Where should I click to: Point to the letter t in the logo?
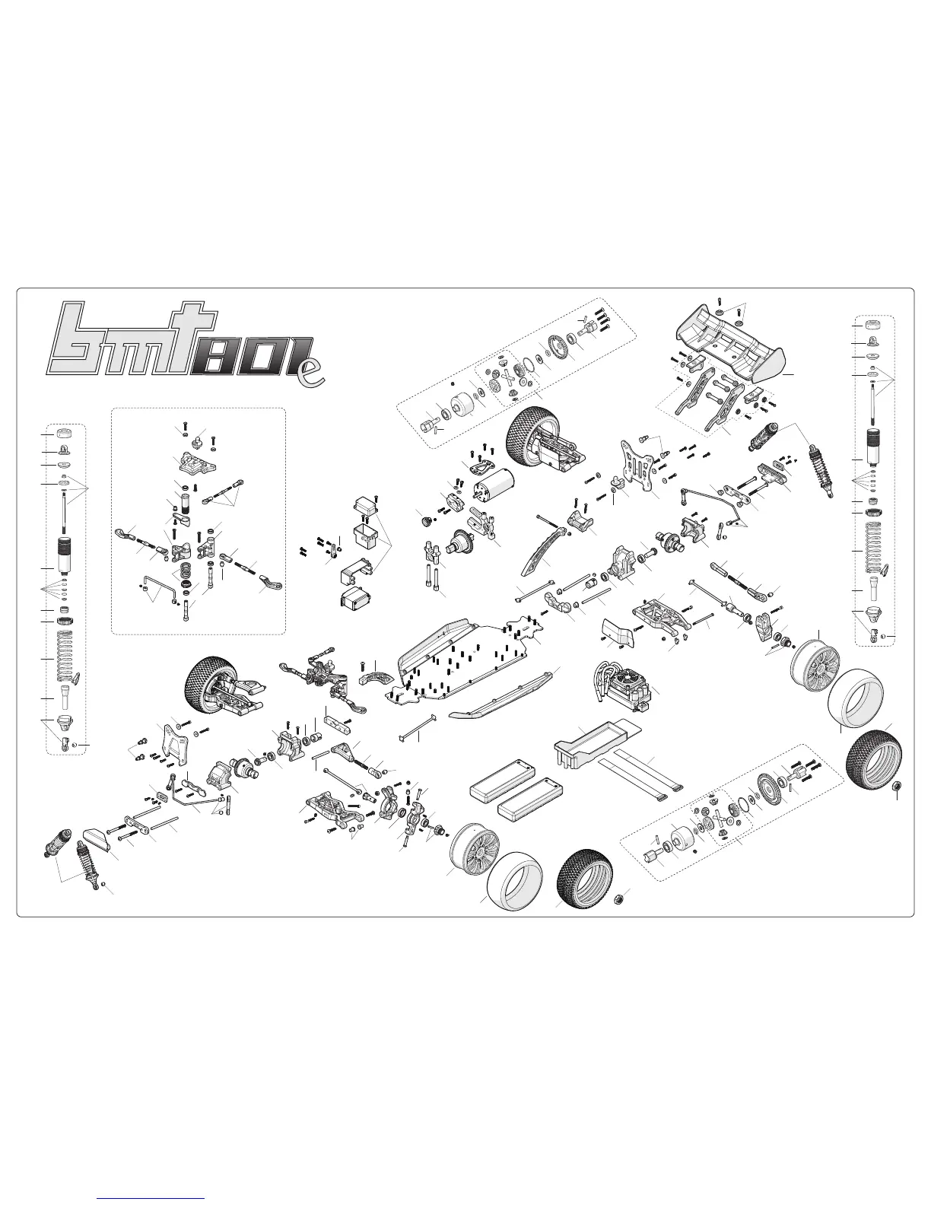(x=183, y=338)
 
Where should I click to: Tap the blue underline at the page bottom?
(x=151, y=1198)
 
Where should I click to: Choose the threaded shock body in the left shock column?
(x=64, y=551)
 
